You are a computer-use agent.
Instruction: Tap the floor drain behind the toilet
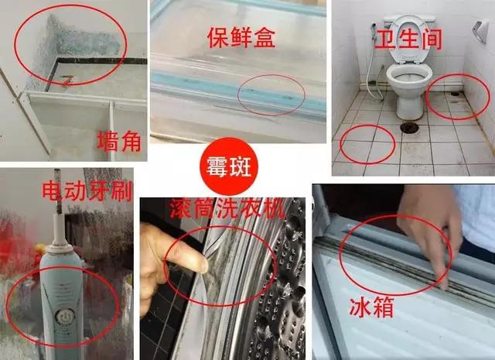(x=409, y=124)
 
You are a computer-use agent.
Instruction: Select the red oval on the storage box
(x=270, y=94)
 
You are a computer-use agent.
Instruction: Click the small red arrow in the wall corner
(x=69, y=78)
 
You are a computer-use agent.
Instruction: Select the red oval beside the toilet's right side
(x=459, y=97)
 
